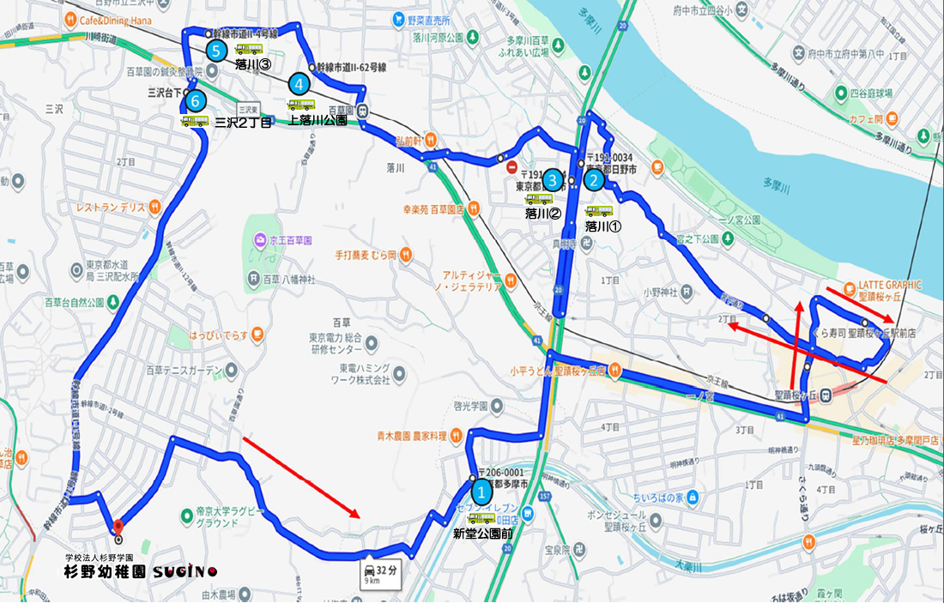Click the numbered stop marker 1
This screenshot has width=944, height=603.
[482, 492]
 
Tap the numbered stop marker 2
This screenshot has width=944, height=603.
[594, 180]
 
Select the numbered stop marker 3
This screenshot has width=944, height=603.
[554, 180]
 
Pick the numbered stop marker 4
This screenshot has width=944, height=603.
[299, 84]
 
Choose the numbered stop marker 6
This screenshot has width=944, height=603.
[197, 101]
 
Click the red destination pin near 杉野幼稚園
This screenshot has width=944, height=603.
[118, 527]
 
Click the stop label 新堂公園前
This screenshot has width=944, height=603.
[483, 534]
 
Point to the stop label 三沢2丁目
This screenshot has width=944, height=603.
[243, 123]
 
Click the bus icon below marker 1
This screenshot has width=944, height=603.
[481, 518]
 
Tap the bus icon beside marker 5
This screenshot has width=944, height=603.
[249, 50]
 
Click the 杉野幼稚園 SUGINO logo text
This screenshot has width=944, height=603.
[141, 571]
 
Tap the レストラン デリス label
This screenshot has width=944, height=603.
[111, 207]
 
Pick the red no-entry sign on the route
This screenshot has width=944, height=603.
[512, 167]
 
